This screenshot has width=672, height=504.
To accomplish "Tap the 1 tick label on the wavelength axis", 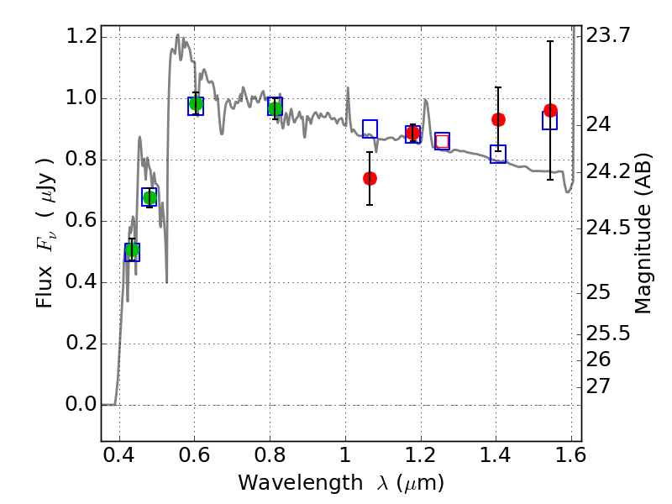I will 344,459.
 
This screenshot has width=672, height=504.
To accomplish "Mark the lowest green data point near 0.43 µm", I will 132,250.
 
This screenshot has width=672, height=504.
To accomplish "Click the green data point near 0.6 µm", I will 196,104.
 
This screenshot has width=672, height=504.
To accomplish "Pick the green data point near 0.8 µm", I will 275,108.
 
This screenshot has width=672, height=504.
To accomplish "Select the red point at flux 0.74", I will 370,178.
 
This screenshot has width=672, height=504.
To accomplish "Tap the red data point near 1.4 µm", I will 498,119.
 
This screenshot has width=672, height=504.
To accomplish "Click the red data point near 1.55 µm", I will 550,111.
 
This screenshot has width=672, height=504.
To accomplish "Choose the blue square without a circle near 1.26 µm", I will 442,141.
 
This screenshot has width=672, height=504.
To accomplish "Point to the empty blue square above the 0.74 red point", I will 370,128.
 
